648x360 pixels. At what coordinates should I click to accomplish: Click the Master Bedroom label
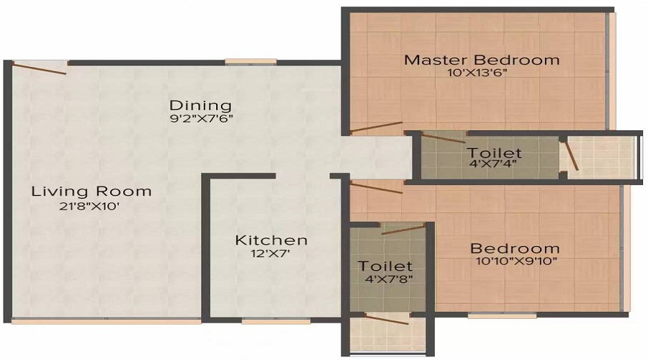pyautogui.click(x=482, y=60)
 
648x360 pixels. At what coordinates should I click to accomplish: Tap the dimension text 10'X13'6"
pyautogui.click(x=482, y=73)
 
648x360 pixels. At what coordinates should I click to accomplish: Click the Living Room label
pyautogui.click(x=91, y=192)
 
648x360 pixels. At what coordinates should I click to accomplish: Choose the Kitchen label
pyautogui.click(x=271, y=240)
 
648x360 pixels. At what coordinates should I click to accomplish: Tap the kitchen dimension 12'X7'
pyautogui.click(x=271, y=253)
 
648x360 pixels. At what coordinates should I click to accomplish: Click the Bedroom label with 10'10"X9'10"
pyautogui.click(x=515, y=248)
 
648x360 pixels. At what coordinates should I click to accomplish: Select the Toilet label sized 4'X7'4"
pyautogui.click(x=494, y=153)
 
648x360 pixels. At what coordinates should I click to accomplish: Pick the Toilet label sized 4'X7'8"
pyautogui.click(x=386, y=266)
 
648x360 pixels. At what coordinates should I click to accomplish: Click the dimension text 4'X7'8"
pyautogui.click(x=386, y=279)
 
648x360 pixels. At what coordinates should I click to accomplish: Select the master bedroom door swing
pyautogui.click(x=376, y=127)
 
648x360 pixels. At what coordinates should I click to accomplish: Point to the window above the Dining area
pyautogui.click(x=241, y=62)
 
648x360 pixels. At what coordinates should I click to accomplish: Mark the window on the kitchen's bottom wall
pyautogui.click(x=261, y=321)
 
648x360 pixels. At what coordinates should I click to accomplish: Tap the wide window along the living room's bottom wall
pyautogui.click(x=106, y=321)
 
